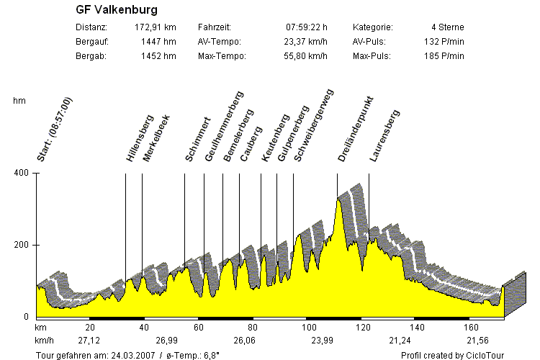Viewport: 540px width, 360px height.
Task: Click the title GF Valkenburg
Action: [x=117, y=10]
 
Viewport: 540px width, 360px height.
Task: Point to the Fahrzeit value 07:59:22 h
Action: [x=307, y=27]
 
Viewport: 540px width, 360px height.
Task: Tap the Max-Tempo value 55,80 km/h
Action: [x=305, y=56]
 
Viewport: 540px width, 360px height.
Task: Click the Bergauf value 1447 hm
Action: [x=160, y=42]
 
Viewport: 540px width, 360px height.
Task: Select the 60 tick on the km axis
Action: [x=199, y=327]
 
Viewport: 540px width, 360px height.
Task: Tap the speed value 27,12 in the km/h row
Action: [x=89, y=340]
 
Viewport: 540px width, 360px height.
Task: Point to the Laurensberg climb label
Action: [x=384, y=135]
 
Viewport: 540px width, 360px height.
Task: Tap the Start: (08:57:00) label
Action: [x=55, y=128]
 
